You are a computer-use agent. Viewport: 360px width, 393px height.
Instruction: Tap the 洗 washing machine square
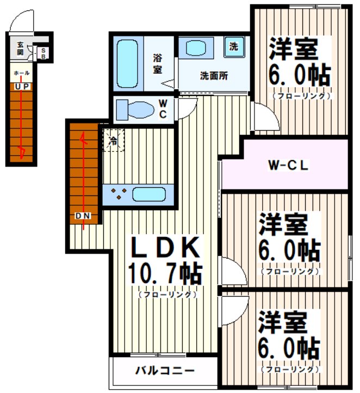pos(233,47)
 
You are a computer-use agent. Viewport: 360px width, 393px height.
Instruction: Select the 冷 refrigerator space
pos(113,140)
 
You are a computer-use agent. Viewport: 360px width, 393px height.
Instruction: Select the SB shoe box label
pos(44,53)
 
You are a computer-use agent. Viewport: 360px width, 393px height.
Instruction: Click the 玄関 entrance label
pos(20,48)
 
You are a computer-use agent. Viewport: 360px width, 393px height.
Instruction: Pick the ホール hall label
pos(22,73)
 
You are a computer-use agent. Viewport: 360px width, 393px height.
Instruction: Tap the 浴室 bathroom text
pos(158,63)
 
